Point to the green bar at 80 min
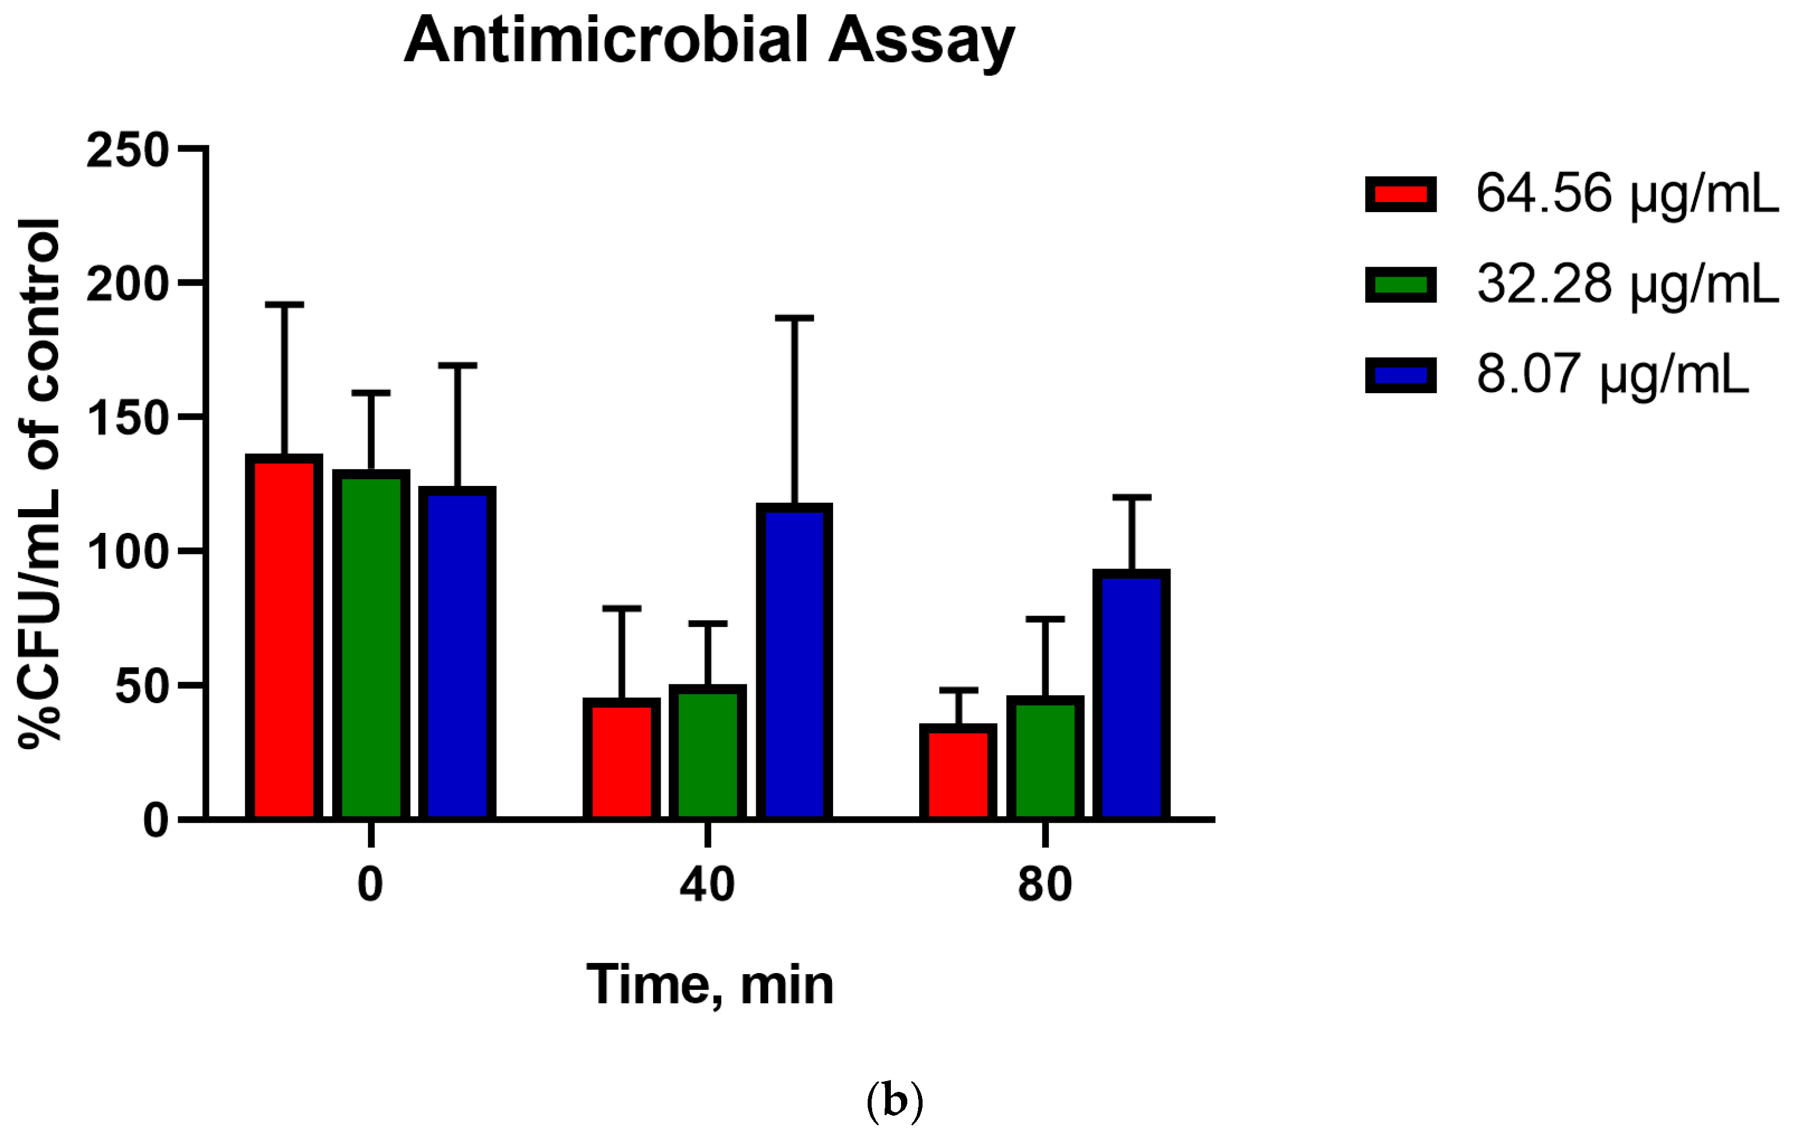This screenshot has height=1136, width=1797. (x=1045, y=759)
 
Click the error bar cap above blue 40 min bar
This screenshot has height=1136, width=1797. (x=794, y=319)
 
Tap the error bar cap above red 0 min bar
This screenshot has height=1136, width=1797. (x=284, y=305)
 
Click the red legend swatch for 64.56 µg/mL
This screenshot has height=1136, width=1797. (x=1401, y=195)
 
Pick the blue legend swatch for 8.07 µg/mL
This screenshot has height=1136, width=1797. (x=1401, y=375)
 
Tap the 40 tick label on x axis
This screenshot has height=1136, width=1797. (x=707, y=885)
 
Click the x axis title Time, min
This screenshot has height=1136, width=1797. (x=710, y=986)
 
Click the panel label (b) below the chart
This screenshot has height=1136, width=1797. (x=895, y=1100)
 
